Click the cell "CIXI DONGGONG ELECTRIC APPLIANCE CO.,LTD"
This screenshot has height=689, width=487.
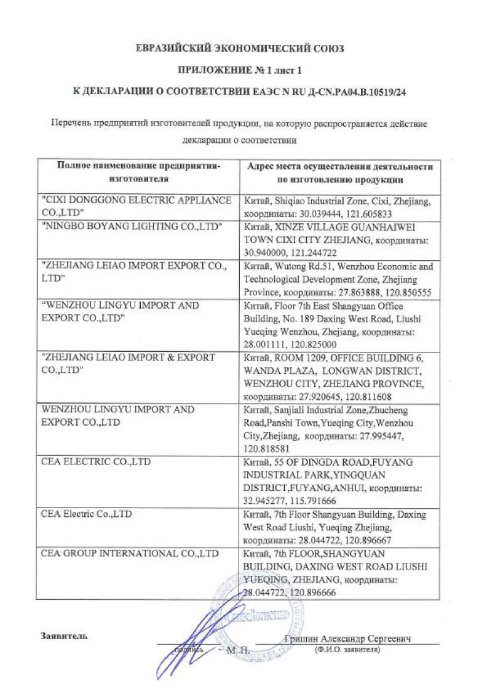[136, 206]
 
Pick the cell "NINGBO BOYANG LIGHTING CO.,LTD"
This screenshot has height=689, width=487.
[131, 226]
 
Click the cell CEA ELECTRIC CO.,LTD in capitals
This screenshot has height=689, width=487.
[95, 461]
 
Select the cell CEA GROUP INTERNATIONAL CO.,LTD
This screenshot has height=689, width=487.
[130, 553]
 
